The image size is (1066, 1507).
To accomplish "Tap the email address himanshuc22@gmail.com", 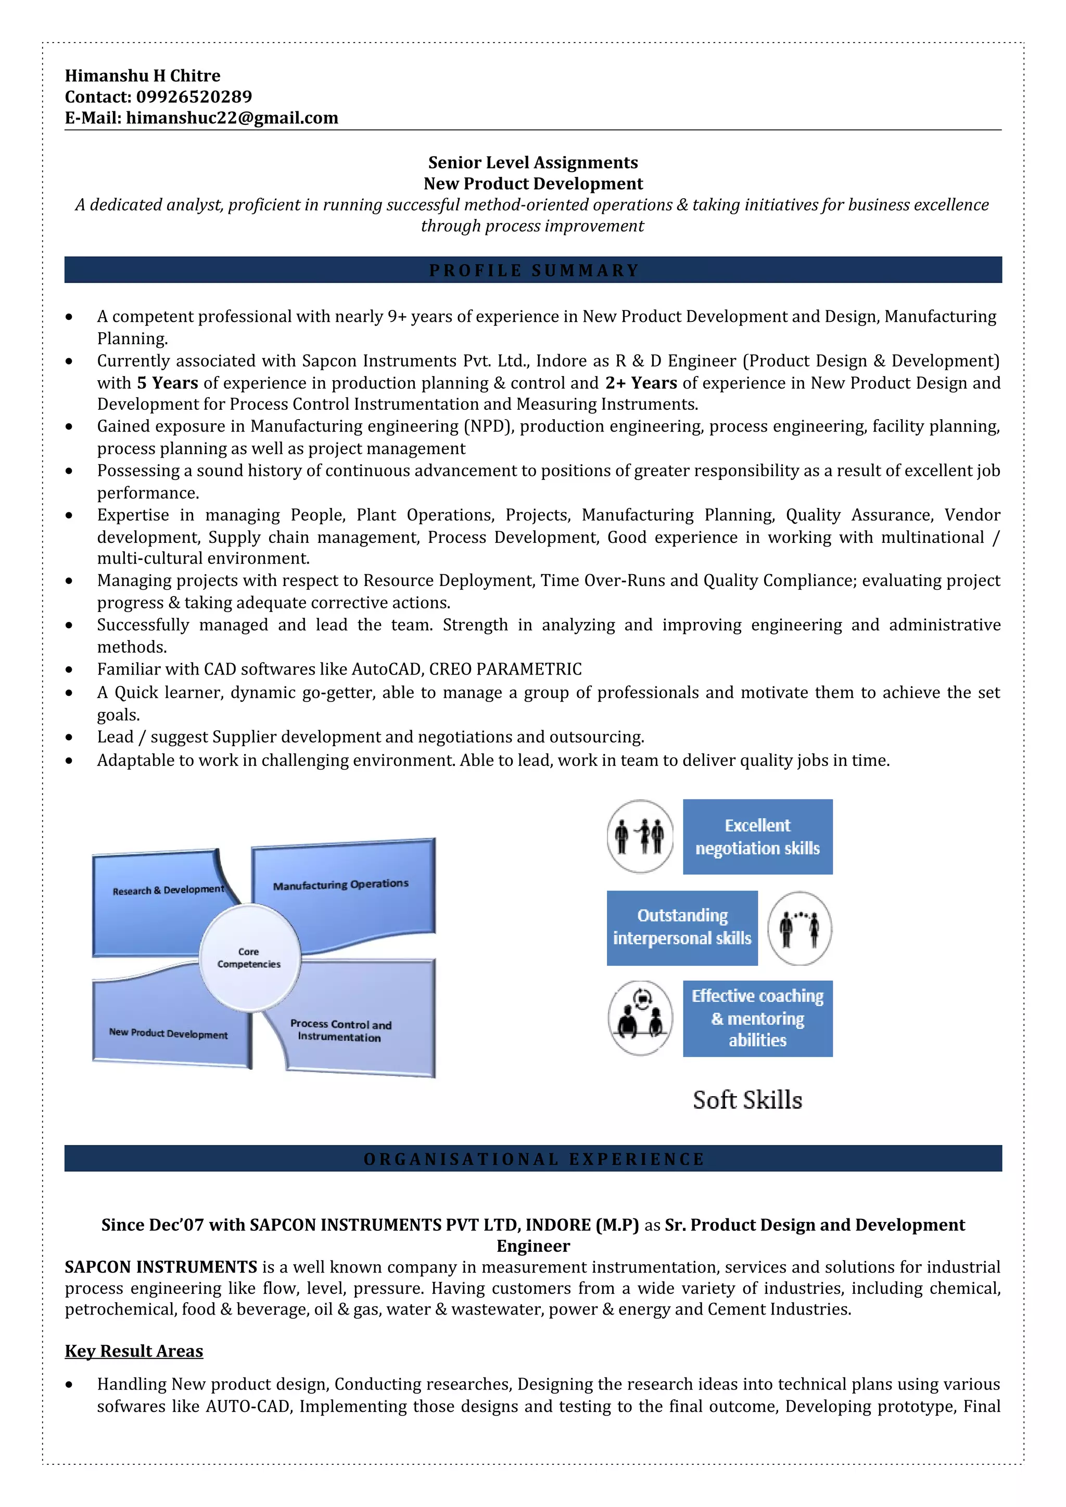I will click(232, 118).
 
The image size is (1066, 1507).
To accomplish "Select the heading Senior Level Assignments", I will click(532, 163).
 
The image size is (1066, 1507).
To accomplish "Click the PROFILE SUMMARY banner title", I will click(532, 270).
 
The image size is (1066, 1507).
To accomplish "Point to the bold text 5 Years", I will click(168, 383).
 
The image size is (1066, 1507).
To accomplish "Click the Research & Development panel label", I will click(168, 890).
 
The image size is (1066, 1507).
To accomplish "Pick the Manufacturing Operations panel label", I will click(341, 885).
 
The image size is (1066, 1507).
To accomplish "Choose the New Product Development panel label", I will click(168, 1033).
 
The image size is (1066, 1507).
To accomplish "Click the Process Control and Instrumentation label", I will click(340, 1031).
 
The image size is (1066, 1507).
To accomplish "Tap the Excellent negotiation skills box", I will click(757, 837).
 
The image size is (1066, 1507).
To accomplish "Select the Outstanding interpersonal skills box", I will click(682, 927).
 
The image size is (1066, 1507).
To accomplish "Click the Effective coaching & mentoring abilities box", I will click(757, 1018).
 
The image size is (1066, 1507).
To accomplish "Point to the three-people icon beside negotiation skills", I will click(640, 836).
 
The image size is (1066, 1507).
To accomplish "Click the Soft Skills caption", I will click(747, 1100).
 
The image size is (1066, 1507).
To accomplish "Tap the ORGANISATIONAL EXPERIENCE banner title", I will click(532, 1159).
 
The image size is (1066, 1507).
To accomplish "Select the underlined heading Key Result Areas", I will click(134, 1351).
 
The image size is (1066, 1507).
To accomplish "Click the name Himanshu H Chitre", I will click(143, 76).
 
